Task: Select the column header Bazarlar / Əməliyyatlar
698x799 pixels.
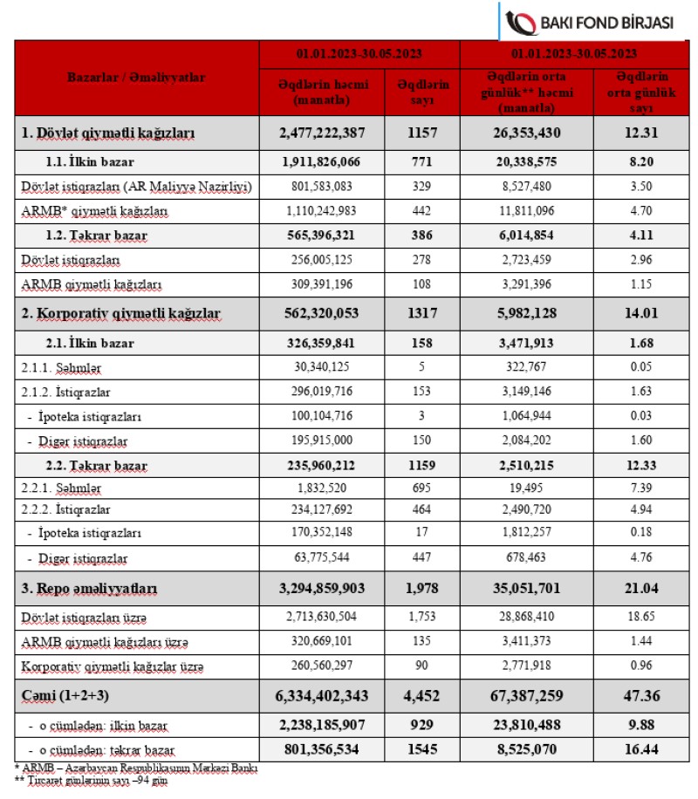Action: (x=136, y=78)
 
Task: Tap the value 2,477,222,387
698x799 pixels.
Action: (x=322, y=133)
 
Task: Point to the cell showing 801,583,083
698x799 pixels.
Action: (x=322, y=187)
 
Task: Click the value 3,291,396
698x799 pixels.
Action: (x=538, y=284)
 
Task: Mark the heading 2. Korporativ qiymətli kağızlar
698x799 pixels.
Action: (x=120, y=312)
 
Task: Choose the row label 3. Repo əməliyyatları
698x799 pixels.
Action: (x=89, y=590)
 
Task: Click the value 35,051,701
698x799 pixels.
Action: (x=538, y=590)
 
